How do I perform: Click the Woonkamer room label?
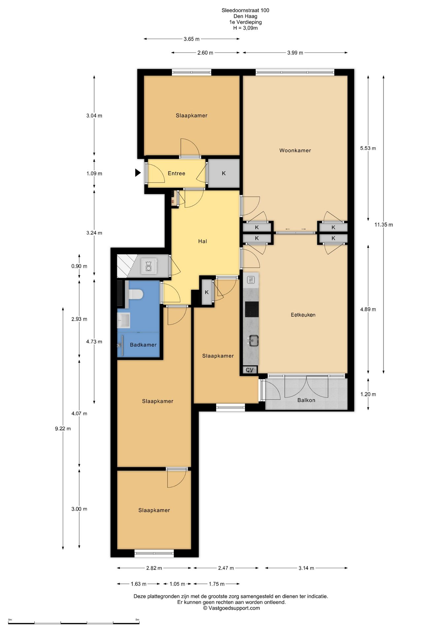point(295,151)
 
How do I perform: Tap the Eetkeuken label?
point(303,315)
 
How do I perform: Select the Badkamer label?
point(143,345)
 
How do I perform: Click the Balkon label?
point(306,400)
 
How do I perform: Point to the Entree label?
point(176,173)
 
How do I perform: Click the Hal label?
point(203,241)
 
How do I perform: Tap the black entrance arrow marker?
point(138,173)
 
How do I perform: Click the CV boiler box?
point(250,370)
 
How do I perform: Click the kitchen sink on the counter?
point(253,340)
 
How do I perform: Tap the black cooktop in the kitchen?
point(252,309)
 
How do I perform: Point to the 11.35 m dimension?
point(384,225)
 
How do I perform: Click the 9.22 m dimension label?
point(63,429)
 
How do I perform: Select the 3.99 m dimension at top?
point(295,53)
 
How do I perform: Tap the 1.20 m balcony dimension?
point(368,394)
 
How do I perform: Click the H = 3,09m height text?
point(245,28)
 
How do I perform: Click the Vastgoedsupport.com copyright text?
point(232,608)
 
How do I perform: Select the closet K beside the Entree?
point(224,173)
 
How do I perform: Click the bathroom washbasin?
point(124,320)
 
